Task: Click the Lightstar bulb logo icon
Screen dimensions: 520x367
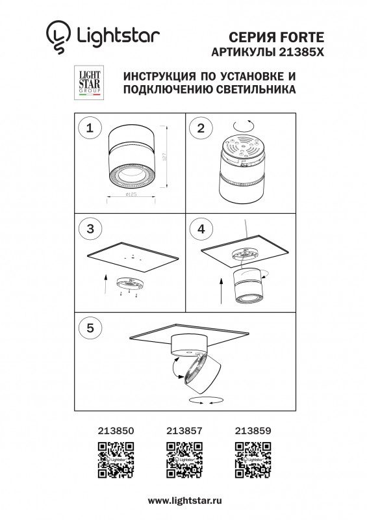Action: [57, 38]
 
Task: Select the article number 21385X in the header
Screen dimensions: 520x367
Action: [307, 51]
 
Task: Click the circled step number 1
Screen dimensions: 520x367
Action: [90, 128]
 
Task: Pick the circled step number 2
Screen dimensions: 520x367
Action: [201, 128]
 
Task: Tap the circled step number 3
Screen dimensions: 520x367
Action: [90, 229]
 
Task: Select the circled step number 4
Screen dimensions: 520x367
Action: [201, 229]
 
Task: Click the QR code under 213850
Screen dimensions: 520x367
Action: [116, 459]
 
